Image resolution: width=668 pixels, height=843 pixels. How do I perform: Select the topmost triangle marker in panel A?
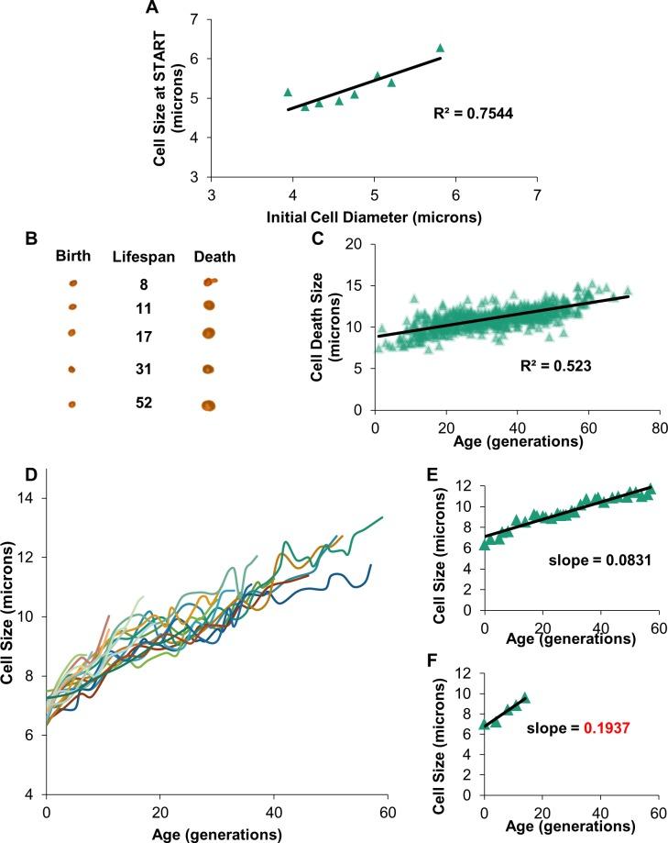[x=440, y=48]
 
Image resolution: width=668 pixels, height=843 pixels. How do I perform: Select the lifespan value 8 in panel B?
[x=140, y=284]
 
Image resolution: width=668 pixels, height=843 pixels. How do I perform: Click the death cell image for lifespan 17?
[x=208, y=332]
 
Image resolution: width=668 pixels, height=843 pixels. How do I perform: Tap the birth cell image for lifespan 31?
[x=72, y=370]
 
